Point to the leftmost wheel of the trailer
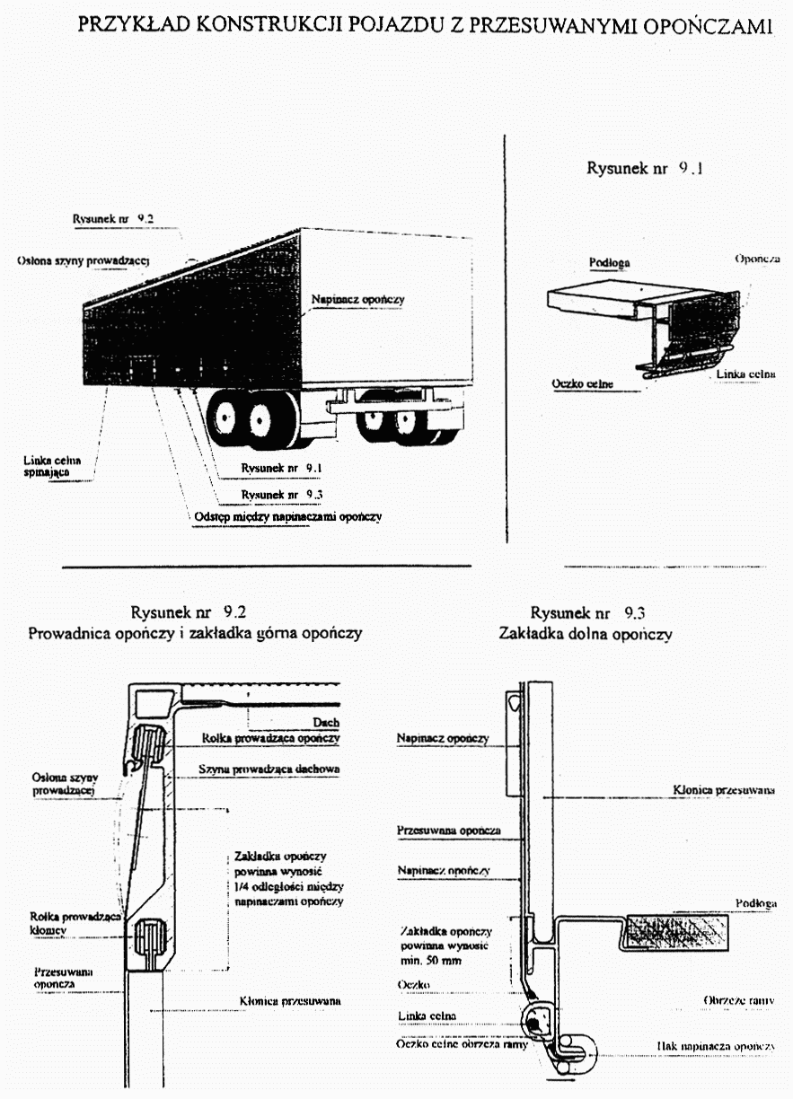(225, 419)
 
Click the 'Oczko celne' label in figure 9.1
(582, 384)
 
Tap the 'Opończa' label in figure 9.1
(754, 259)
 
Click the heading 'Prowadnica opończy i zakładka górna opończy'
(195, 633)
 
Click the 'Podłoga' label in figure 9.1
(609, 262)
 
